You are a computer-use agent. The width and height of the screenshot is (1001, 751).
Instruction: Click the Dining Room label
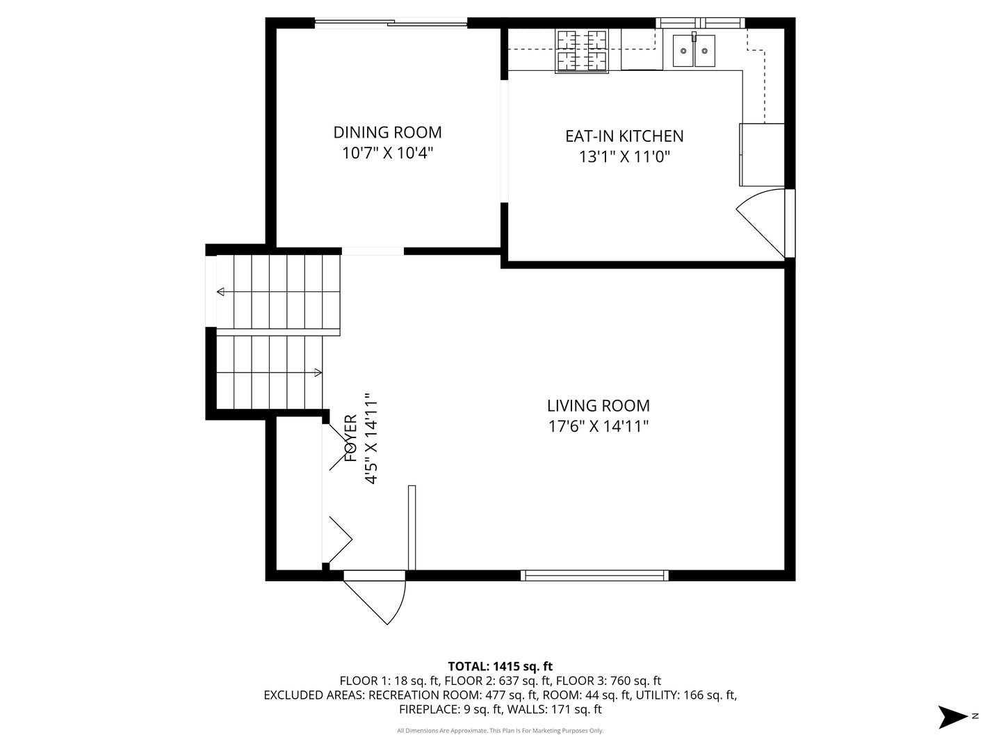coord(387,132)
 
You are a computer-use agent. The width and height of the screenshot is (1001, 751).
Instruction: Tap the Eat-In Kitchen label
coord(624,136)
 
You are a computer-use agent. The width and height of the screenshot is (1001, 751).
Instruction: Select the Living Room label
coord(598,405)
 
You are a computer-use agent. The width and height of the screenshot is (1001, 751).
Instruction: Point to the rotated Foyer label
coord(350,438)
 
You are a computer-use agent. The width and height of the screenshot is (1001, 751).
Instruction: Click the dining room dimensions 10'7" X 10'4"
coord(387,153)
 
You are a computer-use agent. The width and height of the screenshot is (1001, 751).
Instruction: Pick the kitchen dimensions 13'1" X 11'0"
coord(624,157)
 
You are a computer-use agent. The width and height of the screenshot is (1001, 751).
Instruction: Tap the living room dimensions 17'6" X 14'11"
coord(598,426)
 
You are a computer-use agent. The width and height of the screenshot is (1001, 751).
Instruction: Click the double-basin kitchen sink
coord(694,50)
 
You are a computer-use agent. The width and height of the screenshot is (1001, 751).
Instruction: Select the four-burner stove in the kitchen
coord(581,51)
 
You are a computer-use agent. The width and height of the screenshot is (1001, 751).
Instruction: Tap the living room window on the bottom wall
coord(594,576)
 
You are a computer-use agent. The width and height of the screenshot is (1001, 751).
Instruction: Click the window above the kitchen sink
coord(700,23)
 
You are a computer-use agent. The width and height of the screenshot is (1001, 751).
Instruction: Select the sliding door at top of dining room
coord(391,22)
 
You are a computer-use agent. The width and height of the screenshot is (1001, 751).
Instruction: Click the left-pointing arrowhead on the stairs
coord(221,292)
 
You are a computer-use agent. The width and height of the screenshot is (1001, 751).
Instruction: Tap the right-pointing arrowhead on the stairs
coord(318,373)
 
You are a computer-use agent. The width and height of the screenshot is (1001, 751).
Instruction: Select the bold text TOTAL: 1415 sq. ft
coord(500,666)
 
